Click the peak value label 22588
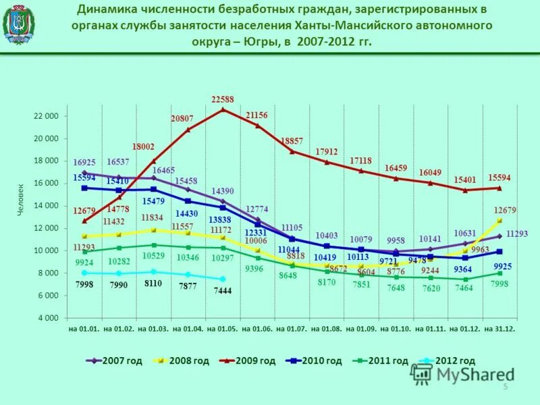[223, 99]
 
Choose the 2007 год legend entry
[114, 360]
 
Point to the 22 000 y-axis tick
[47, 116]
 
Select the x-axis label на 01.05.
[222, 329]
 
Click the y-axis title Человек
[21, 200]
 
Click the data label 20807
[182, 118]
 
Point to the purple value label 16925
[85, 162]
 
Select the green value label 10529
[153, 255]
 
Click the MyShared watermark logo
[462, 373]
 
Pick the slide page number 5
[504, 385]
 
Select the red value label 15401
[466, 180]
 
